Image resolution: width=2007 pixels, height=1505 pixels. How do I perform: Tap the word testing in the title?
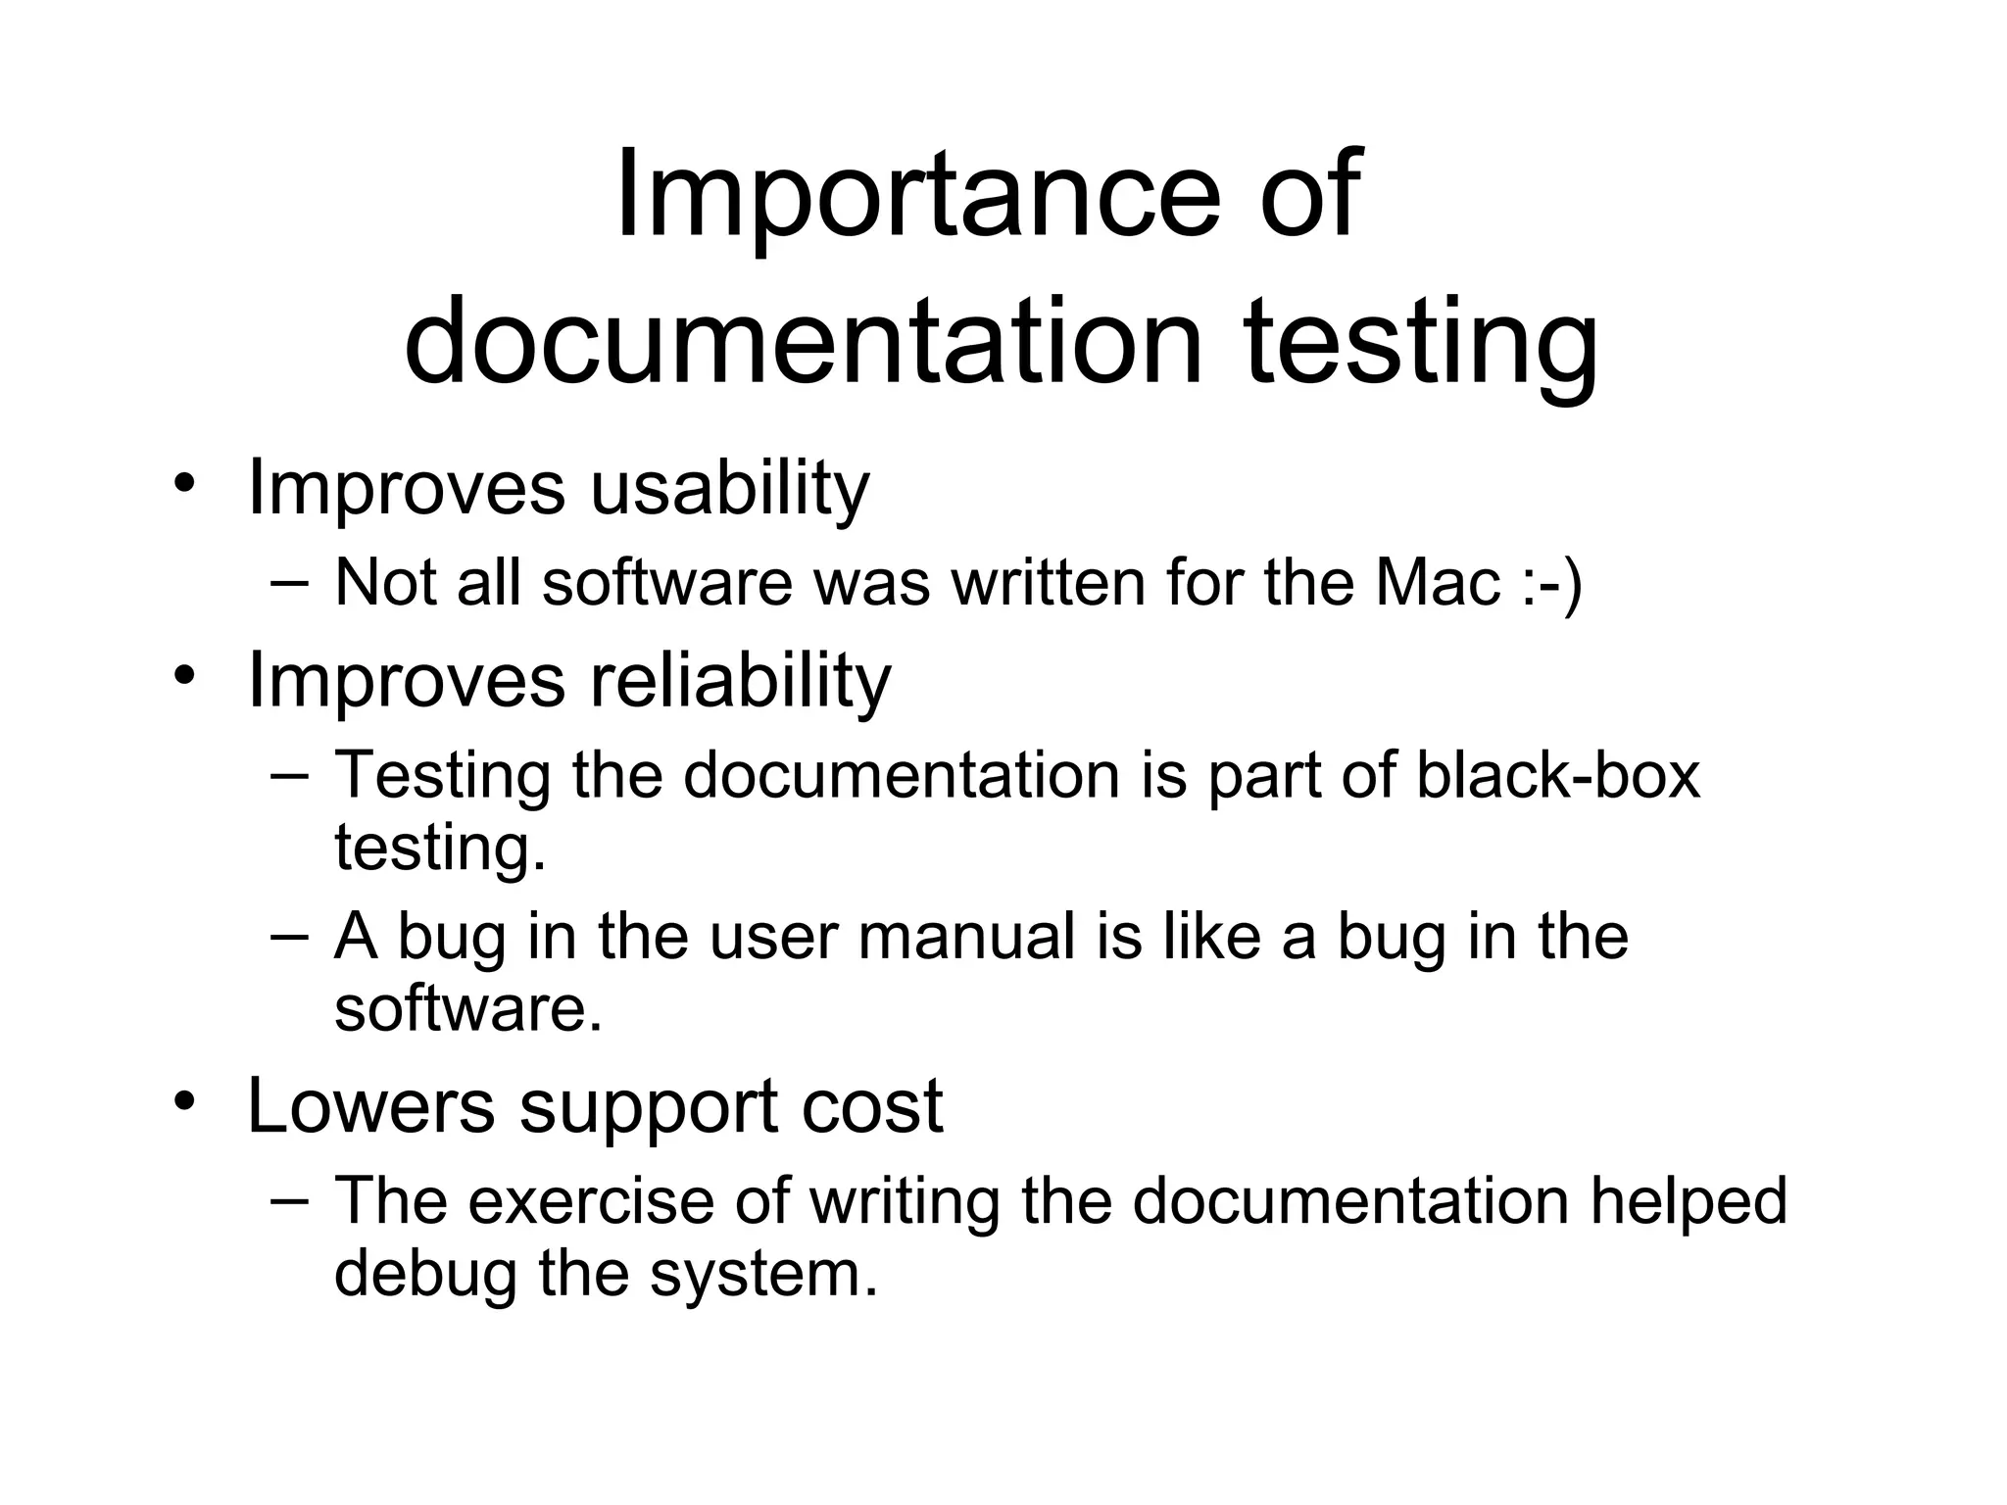(x=1421, y=343)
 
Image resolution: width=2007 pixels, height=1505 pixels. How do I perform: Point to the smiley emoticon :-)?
(x=1553, y=584)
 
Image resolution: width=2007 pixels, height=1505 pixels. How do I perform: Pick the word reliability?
(x=740, y=680)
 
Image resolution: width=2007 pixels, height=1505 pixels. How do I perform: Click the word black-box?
(x=1557, y=775)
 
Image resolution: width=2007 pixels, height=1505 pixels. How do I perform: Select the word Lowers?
(x=370, y=1106)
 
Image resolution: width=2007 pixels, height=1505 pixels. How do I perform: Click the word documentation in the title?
(x=803, y=343)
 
